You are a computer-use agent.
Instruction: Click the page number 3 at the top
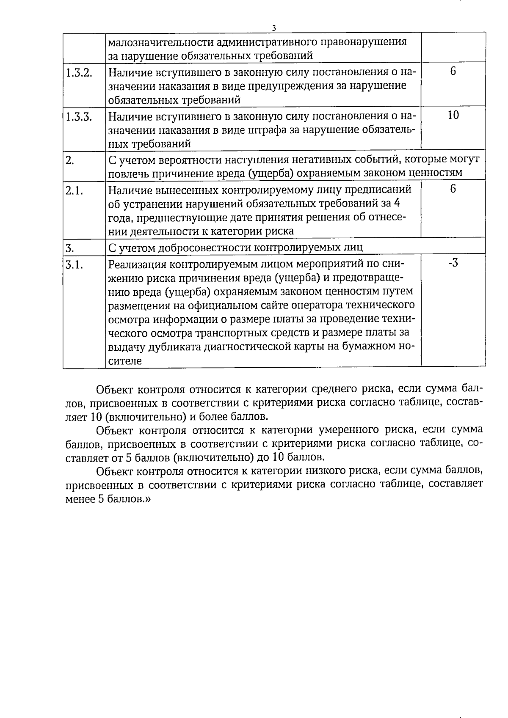[x=274, y=28]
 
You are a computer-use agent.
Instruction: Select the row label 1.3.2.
[x=79, y=72]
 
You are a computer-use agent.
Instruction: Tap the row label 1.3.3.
[x=79, y=116]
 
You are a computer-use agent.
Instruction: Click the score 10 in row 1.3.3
[x=453, y=115]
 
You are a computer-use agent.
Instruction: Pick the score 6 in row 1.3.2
[x=453, y=71]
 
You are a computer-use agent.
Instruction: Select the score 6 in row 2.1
[x=453, y=189]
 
